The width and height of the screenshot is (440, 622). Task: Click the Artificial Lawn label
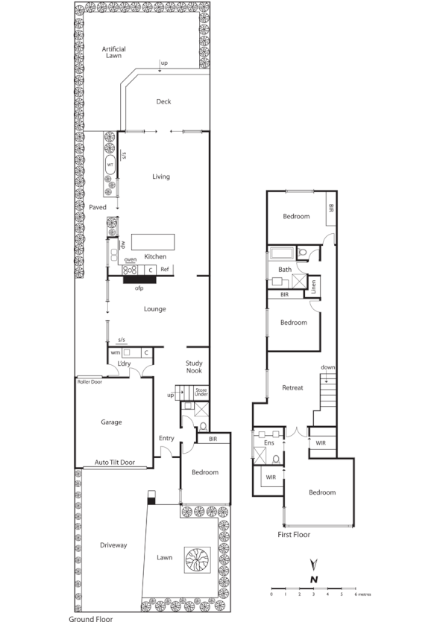(114, 52)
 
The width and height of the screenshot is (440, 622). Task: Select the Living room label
(161, 177)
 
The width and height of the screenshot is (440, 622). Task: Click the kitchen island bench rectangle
(154, 242)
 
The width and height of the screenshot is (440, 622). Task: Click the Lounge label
(154, 309)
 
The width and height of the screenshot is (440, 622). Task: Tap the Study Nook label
(195, 366)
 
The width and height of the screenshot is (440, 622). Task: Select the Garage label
(111, 422)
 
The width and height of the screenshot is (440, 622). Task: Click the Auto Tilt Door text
(114, 463)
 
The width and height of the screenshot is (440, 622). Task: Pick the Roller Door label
(90, 381)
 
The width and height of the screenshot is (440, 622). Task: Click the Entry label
(166, 439)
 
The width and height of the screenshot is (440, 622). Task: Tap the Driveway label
(113, 545)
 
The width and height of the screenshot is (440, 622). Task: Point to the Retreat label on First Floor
(292, 388)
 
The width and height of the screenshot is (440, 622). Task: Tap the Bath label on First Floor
(285, 270)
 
